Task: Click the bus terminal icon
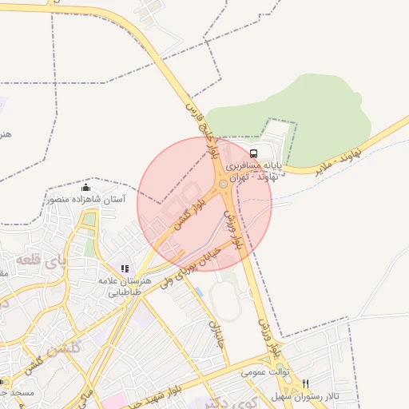point(253,153)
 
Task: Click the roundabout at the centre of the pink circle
point(221,185)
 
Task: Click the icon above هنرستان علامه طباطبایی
point(124,269)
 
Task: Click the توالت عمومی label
point(264,372)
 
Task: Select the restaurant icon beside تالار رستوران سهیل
point(306,383)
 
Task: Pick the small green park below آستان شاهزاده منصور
point(89,220)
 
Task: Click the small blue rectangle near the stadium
point(199,292)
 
